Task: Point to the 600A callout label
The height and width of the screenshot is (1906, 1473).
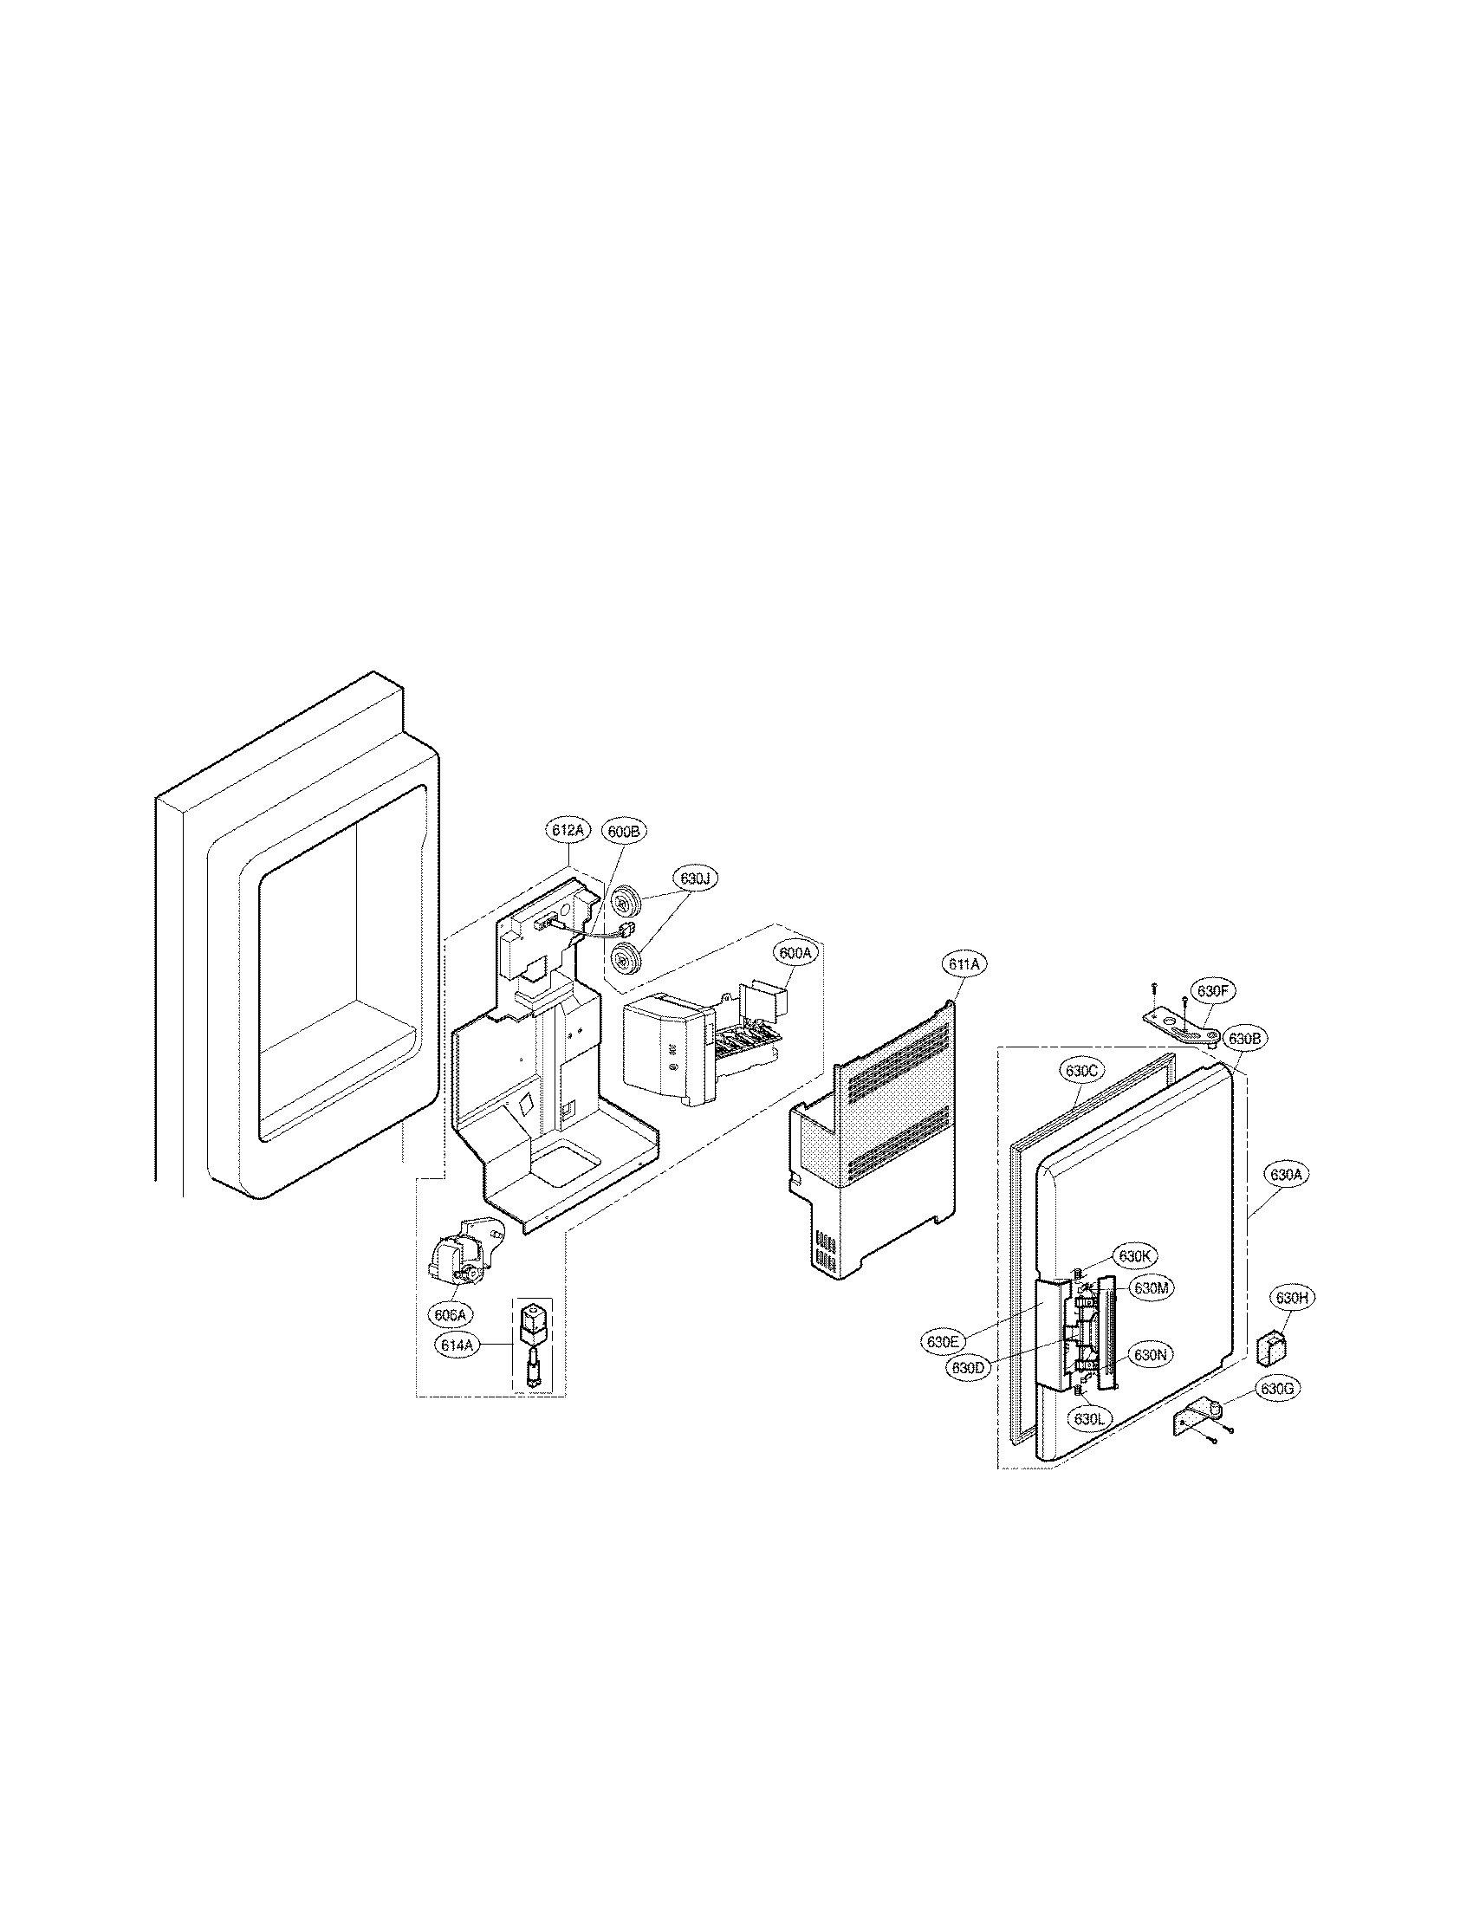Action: [x=794, y=955]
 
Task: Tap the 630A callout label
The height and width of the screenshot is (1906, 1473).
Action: [x=1285, y=1175]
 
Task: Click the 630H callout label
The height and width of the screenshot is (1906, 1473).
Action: [x=1293, y=1322]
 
